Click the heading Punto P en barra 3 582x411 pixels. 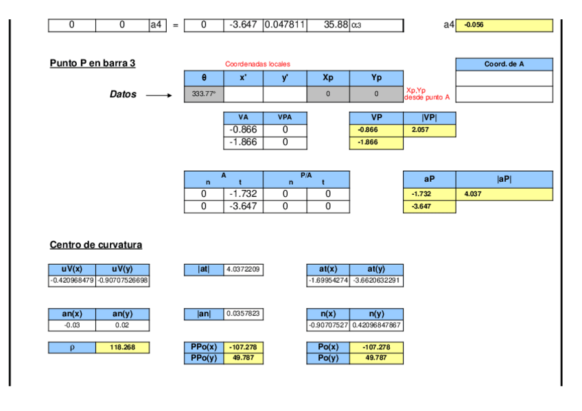93,63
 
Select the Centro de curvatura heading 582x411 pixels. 96,245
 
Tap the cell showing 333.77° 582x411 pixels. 204,94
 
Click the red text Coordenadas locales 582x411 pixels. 257,64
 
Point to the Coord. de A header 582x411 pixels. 504,64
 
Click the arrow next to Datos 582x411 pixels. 159,95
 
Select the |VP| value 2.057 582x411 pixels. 429,130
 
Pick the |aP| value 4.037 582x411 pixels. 504,194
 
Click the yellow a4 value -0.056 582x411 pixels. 504,25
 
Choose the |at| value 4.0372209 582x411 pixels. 244,270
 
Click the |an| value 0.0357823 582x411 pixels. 244,314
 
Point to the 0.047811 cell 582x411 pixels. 284,25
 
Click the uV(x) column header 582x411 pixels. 72,269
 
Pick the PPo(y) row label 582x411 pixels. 204,357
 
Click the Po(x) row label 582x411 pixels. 327,347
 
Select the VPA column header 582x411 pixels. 284,117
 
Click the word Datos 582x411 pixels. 123,94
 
